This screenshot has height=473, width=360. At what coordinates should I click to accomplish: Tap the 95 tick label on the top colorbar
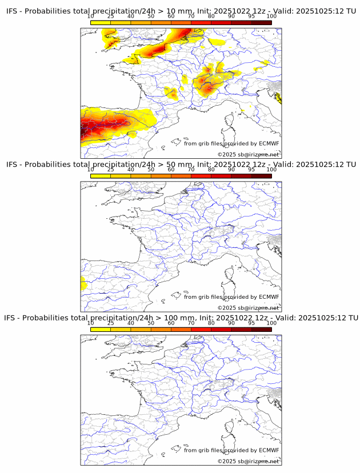[251, 17]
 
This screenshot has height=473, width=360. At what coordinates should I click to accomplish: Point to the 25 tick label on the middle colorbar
[110, 170]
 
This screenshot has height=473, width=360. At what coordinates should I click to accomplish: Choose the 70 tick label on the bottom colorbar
[191, 323]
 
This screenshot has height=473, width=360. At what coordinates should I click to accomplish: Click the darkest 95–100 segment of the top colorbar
[261, 22]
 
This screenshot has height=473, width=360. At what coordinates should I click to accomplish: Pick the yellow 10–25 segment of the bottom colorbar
[101, 329]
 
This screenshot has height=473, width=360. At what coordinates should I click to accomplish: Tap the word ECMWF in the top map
[269, 143]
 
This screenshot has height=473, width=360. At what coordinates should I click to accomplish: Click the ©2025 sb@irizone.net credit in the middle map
[248, 308]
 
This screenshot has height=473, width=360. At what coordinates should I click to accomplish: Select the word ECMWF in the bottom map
[269, 450]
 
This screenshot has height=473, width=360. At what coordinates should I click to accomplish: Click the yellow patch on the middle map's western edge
[83, 282]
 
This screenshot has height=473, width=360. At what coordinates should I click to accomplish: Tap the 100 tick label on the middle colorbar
[271, 170]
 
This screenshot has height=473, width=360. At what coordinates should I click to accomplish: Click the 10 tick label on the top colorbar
[91, 17]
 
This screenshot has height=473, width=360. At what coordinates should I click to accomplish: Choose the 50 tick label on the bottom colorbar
[151, 323]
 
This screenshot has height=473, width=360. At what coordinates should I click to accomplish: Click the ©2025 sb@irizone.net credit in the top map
[248, 155]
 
